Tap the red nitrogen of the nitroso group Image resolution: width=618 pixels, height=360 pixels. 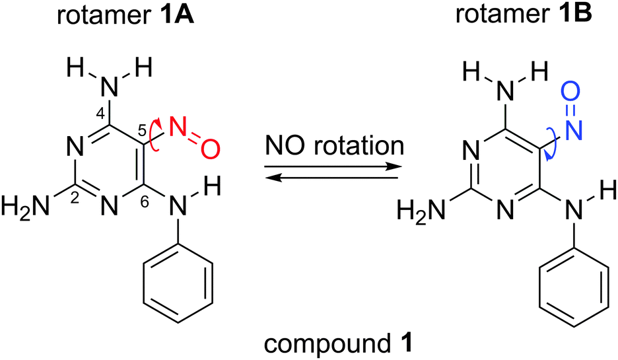click(177, 125)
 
